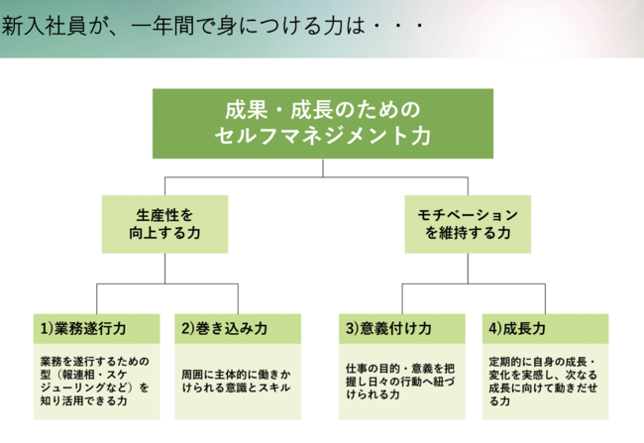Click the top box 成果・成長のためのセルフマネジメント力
click(x=322, y=124)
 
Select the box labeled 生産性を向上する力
click(x=164, y=223)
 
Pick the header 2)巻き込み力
click(x=224, y=328)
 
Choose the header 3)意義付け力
click(x=401, y=328)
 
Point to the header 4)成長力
click(x=546, y=328)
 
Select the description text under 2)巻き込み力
click(x=224, y=382)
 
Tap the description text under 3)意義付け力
click(x=400, y=382)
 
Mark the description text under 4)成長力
click(x=545, y=382)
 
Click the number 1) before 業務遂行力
click(x=46, y=328)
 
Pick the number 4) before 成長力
click(x=497, y=328)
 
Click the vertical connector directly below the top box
click(x=322, y=167)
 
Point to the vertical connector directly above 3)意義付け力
click(x=401, y=299)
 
